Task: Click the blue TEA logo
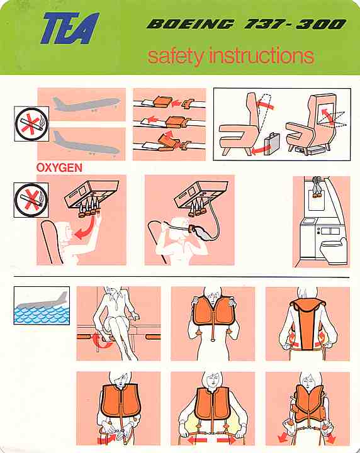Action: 70,28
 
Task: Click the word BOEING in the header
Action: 190,24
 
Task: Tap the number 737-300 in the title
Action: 295,24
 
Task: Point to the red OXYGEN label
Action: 59,167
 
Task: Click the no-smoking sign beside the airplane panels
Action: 31,124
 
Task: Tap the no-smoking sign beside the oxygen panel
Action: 31,200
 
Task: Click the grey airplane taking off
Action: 86,104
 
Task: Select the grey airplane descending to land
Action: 86,144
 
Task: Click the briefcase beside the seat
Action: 272,143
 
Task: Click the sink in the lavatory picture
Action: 308,221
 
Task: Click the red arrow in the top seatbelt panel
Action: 176,103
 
